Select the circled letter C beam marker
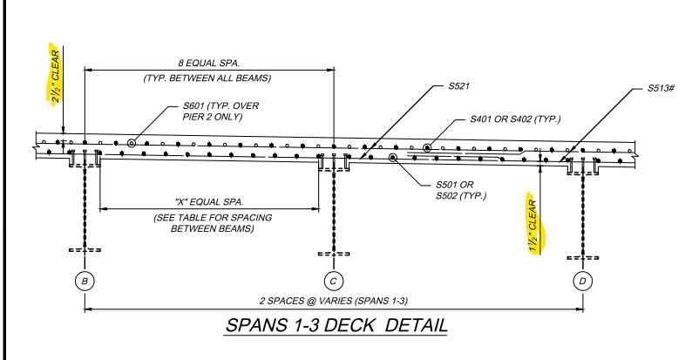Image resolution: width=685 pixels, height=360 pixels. tap(335, 281)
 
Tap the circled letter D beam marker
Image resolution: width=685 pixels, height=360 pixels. tap(582, 281)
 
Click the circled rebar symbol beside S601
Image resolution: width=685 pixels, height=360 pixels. tap(132, 143)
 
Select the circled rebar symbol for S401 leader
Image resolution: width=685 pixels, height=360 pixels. tap(427, 148)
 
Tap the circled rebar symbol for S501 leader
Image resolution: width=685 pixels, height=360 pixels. tap(393, 158)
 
